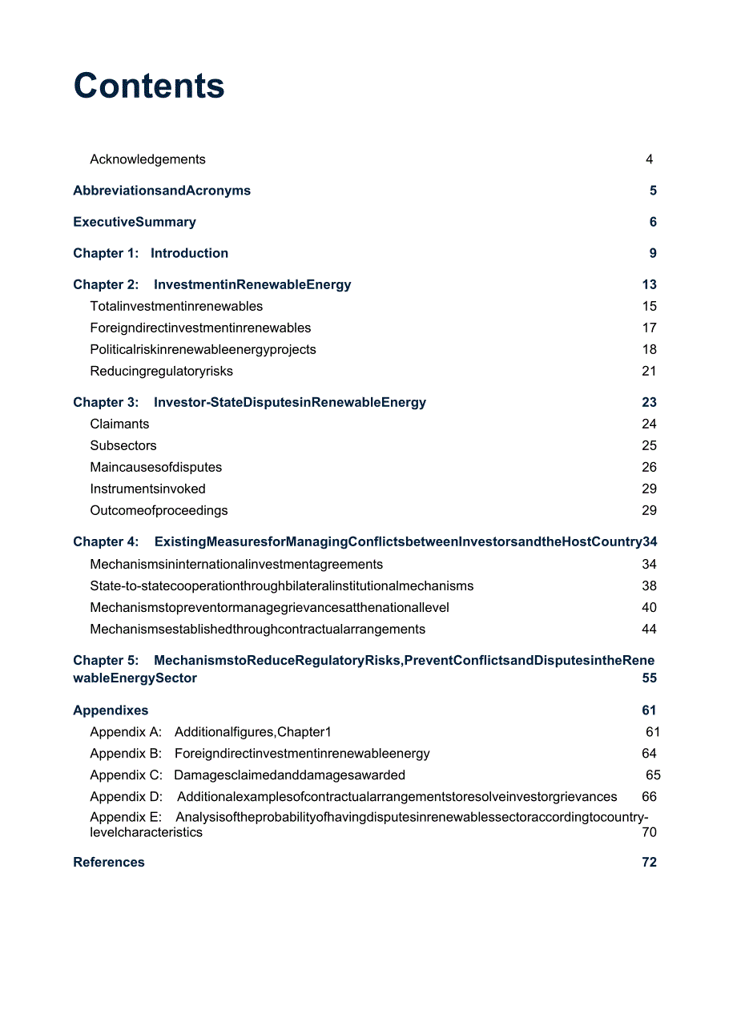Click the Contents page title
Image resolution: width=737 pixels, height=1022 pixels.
[x=149, y=86]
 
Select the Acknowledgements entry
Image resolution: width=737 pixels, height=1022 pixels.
[x=147, y=159]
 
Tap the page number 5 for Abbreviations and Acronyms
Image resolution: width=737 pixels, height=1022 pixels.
[x=653, y=191]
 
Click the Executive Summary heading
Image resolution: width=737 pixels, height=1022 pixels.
[x=135, y=222]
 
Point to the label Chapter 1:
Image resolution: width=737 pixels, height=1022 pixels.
[x=106, y=253]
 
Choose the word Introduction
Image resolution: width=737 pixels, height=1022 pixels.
[x=189, y=253]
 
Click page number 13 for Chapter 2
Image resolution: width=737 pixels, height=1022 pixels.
[x=649, y=284]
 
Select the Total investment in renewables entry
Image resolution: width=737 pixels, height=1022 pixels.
[x=176, y=306]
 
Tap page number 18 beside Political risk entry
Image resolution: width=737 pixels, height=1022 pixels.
[x=649, y=349]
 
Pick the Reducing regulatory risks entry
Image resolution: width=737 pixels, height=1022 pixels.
[x=162, y=371]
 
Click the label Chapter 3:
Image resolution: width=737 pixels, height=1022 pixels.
[x=106, y=402]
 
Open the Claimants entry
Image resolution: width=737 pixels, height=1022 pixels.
[x=119, y=424]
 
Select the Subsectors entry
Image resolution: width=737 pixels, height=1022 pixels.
[x=123, y=445]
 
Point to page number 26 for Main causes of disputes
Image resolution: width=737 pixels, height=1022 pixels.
[x=649, y=467]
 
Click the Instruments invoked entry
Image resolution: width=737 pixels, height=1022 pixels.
[x=147, y=489]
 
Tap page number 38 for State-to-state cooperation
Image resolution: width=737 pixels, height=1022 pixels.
[x=649, y=585]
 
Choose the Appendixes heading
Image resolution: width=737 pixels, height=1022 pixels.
[x=111, y=710]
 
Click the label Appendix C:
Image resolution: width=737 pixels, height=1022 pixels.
[x=126, y=775]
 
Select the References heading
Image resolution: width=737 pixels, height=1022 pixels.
[x=109, y=862]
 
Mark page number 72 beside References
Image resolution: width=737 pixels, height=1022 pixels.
[x=649, y=862]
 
